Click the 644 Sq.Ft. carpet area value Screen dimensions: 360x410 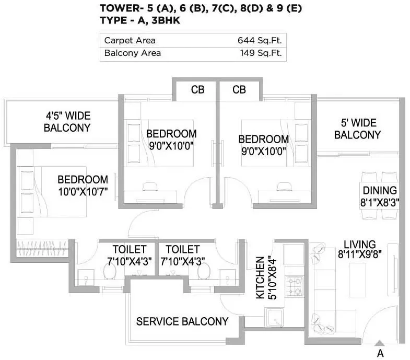click(x=258, y=40)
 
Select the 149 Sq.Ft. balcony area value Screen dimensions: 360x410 click(x=258, y=53)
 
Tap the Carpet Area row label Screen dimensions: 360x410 click(x=130, y=40)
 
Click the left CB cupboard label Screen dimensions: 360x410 click(x=197, y=90)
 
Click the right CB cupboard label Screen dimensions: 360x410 click(x=239, y=90)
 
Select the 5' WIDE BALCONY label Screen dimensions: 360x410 click(x=357, y=129)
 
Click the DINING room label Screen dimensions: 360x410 click(x=380, y=191)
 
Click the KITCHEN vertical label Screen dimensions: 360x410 click(x=260, y=277)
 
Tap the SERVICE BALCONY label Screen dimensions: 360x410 click(x=182, y=321)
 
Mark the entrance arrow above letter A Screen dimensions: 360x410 click(x=380, y=343)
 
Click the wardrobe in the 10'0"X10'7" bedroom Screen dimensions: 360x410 click(x=39, y=246)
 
